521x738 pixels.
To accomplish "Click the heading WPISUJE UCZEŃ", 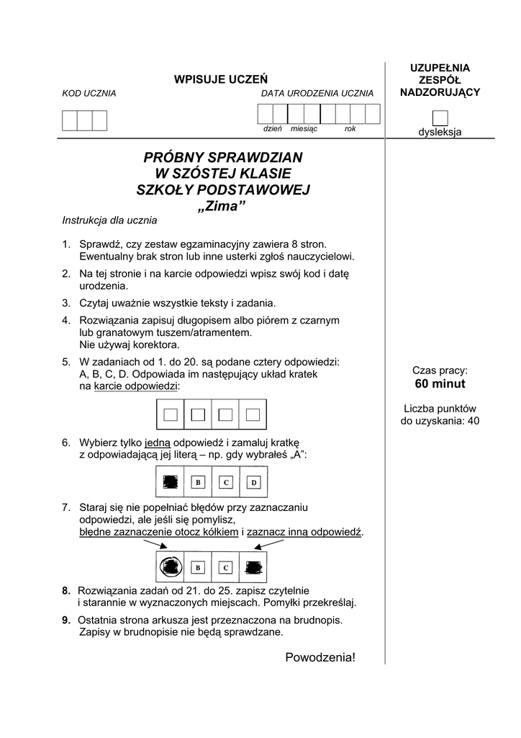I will (221, 79).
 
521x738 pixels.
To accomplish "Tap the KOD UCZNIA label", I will (89, 94).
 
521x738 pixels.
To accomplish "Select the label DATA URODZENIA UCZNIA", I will (317, 94).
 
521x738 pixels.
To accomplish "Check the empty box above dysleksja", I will (440, 118).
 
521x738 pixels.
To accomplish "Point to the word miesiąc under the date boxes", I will (304, 128).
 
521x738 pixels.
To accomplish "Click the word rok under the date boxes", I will (350, 128).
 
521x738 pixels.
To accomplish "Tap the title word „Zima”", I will (222, 207).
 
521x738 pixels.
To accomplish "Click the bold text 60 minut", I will (440, 383).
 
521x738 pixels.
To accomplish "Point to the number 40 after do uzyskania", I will (473, 421).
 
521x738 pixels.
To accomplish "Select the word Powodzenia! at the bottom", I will (320, 657).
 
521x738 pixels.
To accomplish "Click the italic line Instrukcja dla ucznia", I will (109, 221).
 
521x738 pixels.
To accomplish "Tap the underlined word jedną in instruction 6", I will (158, 443).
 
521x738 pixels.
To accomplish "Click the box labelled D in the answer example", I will (253, 481).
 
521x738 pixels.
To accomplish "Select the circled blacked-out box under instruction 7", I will (171, 567).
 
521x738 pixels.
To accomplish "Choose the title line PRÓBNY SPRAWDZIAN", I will (223, 157).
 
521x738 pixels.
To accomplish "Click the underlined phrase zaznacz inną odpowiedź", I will (304, 532).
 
